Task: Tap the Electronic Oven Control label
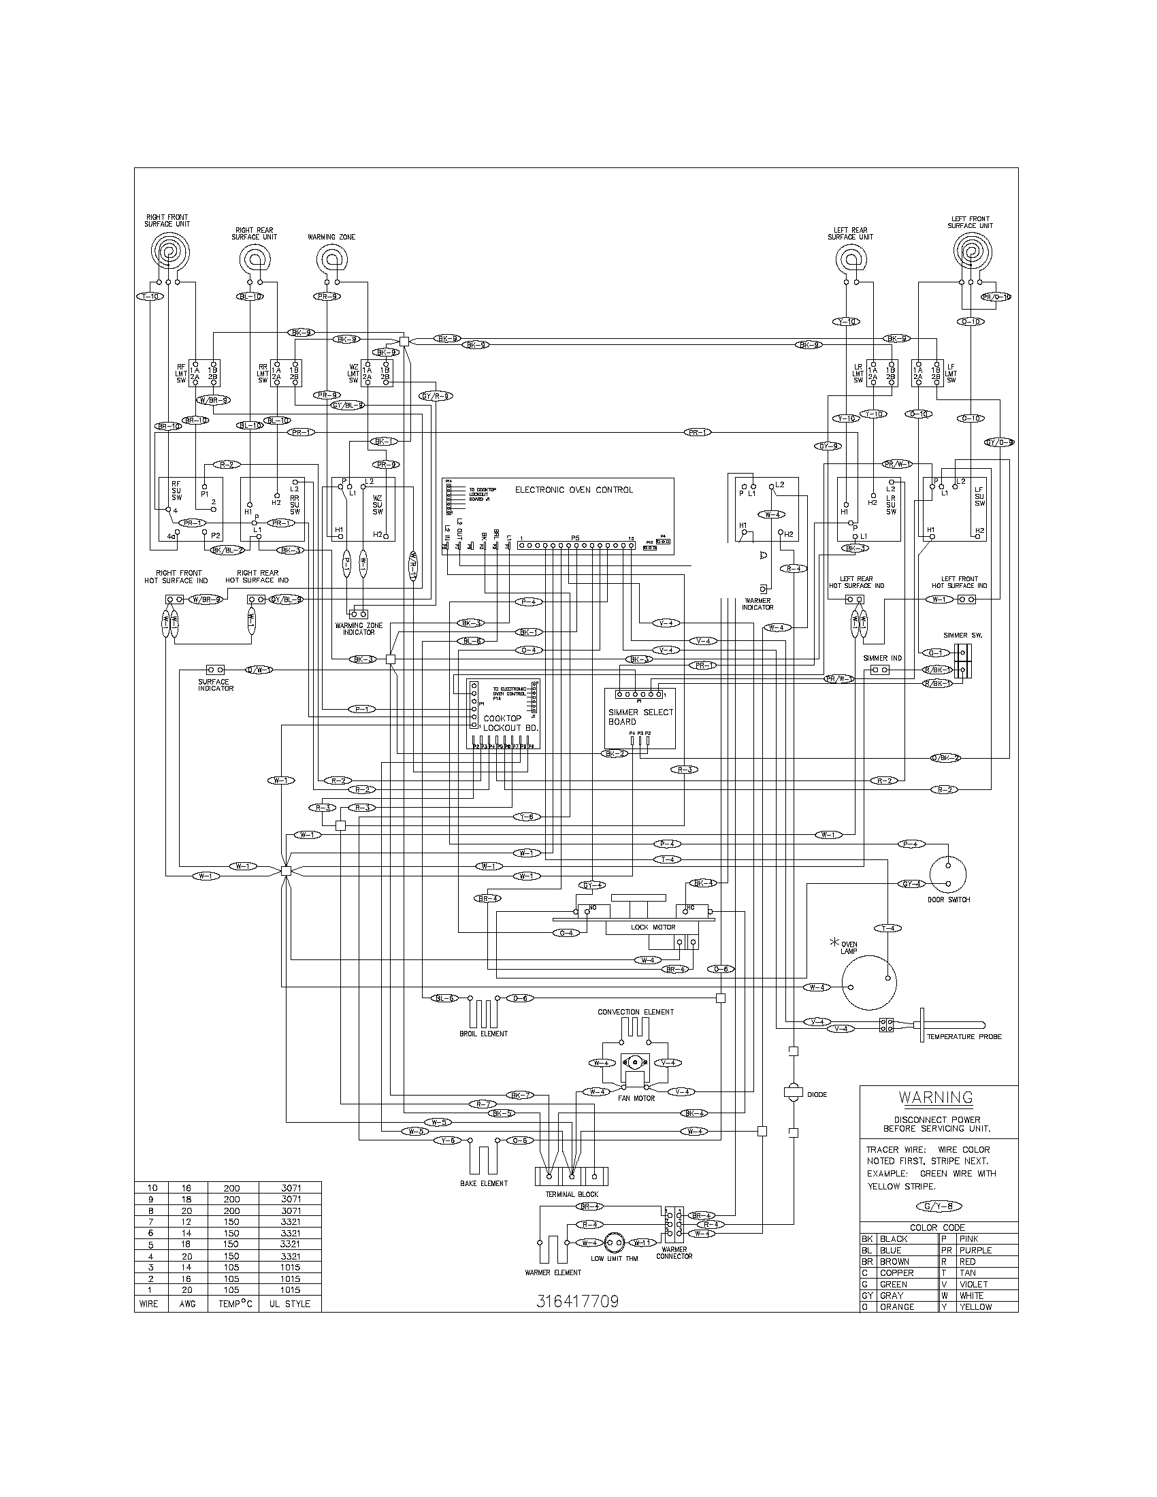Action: click(x=574, y=489)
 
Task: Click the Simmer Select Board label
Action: click(x=640, y=717)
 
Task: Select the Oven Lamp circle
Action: click(x=869, y=983)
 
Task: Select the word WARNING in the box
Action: click(x=936, y=1097)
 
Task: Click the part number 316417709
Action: click(x=577, y=1301)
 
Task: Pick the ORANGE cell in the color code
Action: click(x=896, y=1306)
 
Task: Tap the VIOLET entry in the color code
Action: click(x=973, y=1284)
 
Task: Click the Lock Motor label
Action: click(x=653, y=927)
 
